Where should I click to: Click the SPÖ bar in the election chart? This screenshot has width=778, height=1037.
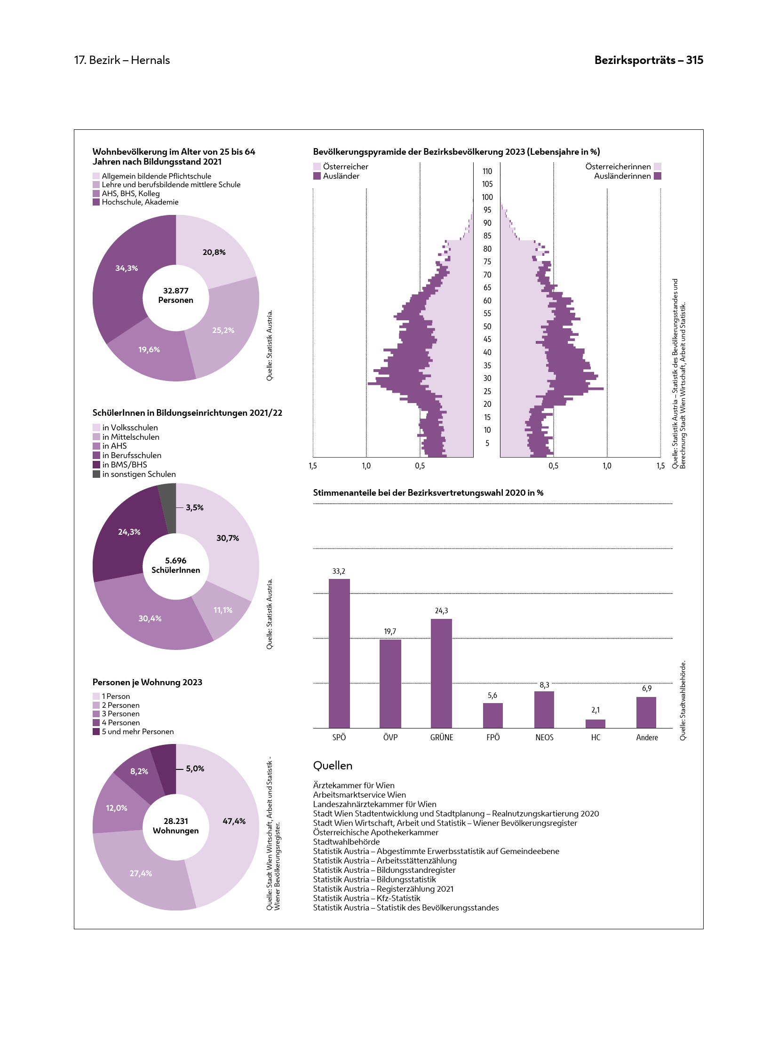pos(339,653)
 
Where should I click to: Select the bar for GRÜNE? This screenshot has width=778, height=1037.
pos(441,673)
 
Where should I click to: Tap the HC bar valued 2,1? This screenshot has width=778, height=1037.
pos(595,723)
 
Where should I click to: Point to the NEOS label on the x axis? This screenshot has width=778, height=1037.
pos(544,737)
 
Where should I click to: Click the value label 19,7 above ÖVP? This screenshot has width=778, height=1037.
pos(390,631)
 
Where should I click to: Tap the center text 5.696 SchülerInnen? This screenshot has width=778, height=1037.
pos(175,565)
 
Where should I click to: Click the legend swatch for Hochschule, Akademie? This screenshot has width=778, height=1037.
pos(96,202)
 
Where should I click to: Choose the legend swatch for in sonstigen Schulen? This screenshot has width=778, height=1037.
pos(96,474)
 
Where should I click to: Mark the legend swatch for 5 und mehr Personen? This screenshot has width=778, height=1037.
pos(96,732)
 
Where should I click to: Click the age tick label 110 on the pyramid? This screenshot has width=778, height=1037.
pos(487,171)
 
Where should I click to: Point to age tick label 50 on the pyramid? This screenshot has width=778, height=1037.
pos(487,326)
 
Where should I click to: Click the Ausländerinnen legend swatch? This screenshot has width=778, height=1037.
pos(658,176)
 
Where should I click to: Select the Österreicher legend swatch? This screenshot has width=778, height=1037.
pos(317,166)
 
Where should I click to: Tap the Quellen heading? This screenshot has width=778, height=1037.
pos(333,766)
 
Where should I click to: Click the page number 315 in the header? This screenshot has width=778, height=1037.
pos(694,60)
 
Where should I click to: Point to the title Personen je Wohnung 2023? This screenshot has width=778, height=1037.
pos(147,682)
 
